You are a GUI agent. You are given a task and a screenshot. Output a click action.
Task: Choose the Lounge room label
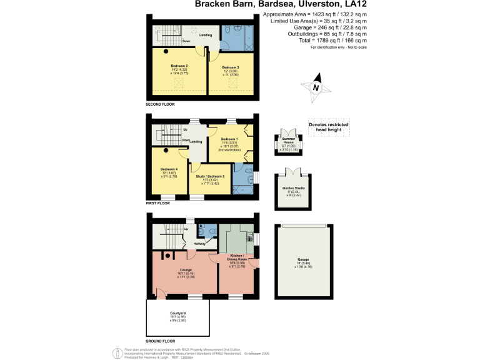(x=181, y=269)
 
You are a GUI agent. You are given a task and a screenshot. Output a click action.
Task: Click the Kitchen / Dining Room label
(x=237, y=257)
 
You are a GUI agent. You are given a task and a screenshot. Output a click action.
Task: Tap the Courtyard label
(x=177, y=312)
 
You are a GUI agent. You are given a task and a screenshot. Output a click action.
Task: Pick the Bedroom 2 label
(x=179, y=65)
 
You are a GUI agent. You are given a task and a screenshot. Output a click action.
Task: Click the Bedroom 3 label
(x=231, y=67)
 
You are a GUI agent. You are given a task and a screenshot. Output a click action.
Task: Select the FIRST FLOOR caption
(x=158, y=203)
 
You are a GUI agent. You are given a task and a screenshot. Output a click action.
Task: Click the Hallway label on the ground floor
(x=199, y=244)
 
